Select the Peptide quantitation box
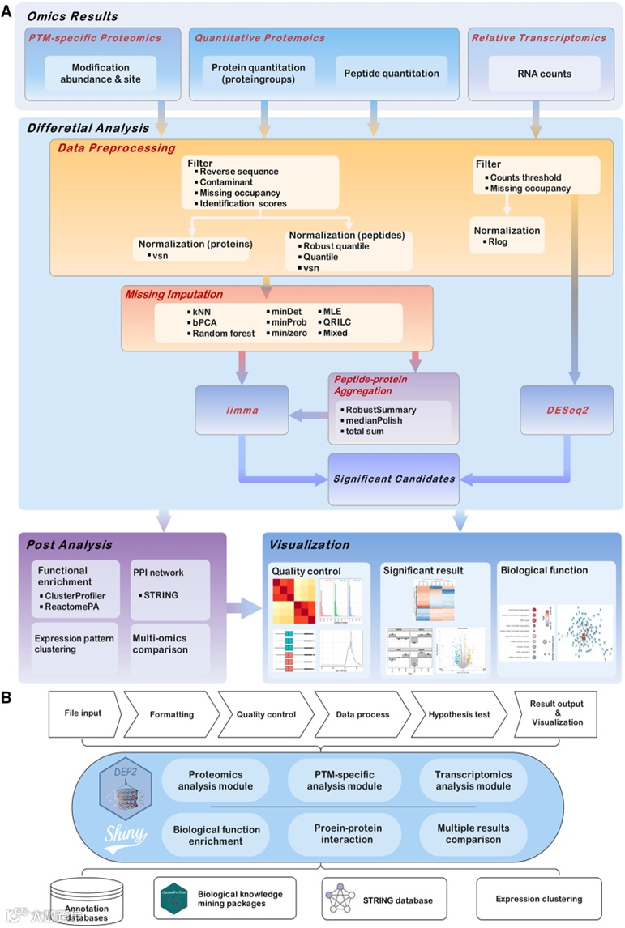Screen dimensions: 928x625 pos(391,74)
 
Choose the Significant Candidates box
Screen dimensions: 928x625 pos(393,479)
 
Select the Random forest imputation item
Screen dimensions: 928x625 pos(222,333)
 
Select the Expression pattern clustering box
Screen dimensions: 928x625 pos(74,645)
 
